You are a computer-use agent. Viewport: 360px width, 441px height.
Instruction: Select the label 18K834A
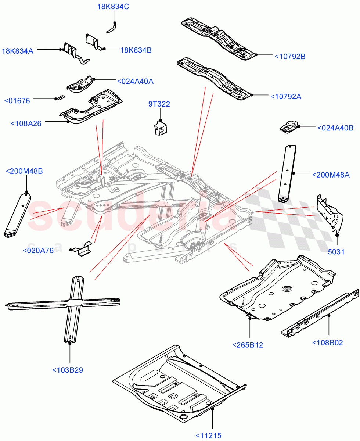18,51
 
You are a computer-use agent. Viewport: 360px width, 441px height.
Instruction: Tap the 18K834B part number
136,50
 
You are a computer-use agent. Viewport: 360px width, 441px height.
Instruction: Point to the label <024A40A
135,81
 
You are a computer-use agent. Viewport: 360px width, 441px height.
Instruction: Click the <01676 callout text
17,101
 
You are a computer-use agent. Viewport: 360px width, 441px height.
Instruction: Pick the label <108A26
26,123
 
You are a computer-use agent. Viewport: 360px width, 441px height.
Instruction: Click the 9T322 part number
159,104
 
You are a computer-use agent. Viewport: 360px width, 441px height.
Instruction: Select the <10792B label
290,57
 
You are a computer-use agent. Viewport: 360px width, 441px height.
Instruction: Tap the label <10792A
286,97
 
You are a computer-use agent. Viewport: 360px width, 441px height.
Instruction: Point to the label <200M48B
24,171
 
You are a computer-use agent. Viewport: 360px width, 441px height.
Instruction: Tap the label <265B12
248,345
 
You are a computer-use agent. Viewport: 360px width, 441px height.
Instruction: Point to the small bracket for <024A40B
289,127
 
